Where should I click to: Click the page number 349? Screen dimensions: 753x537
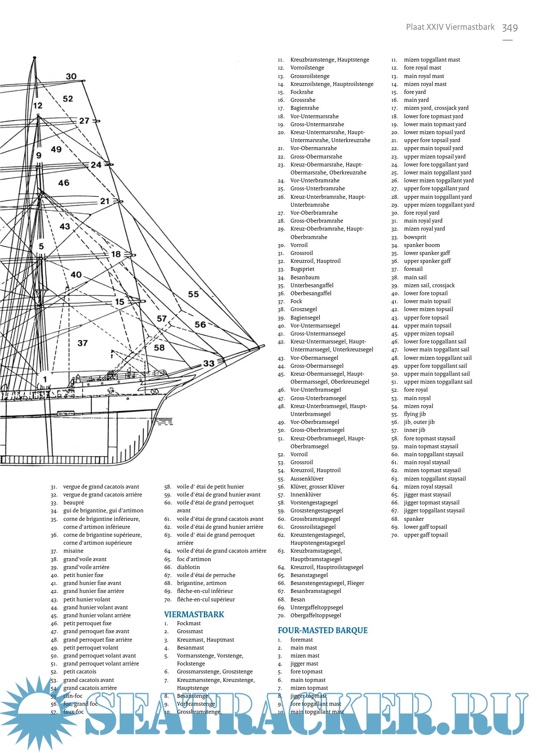(510, 28)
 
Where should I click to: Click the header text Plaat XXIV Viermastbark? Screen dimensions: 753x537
(450, 27)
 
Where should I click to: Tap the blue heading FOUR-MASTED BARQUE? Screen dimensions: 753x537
(322, 630)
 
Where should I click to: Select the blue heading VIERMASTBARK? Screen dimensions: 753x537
(194, 614)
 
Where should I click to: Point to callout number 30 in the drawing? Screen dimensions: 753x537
(71, 77)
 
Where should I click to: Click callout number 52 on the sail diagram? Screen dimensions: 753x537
(68, 99)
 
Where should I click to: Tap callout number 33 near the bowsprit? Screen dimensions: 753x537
(209, 363)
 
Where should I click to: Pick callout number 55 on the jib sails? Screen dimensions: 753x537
(193, 294)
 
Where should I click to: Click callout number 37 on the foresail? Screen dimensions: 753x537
(83, 343)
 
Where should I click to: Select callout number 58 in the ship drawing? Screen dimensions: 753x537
(159, 348)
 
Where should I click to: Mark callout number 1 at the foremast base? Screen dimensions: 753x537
(45, 379)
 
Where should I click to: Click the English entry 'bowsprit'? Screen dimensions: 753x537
(415, 237)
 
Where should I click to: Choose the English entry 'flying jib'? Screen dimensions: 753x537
(415, 414)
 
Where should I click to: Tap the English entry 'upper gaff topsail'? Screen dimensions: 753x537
(426, 535)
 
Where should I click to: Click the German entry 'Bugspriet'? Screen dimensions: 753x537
(302, 269)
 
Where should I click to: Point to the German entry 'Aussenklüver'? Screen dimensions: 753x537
(307, 479)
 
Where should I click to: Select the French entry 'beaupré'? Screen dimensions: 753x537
(74, 502)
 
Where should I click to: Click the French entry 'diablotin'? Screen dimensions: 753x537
(188, 567)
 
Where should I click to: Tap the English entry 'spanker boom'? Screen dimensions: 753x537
(422, 245)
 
